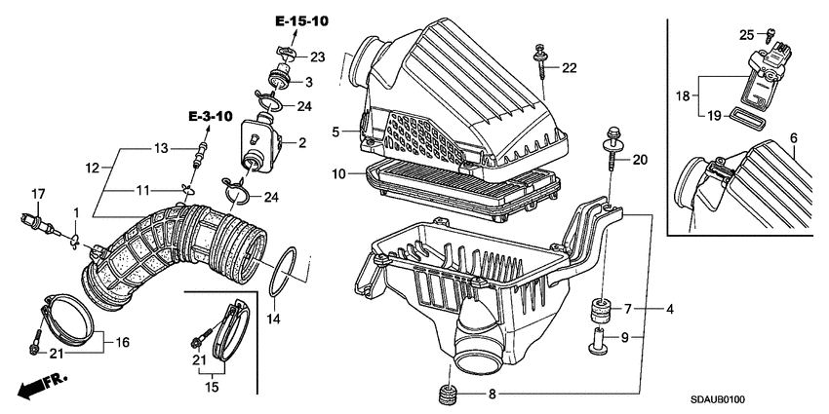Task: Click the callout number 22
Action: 570,67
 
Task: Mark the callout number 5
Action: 335,132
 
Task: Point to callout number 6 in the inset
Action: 794,139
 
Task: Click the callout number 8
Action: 491,395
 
